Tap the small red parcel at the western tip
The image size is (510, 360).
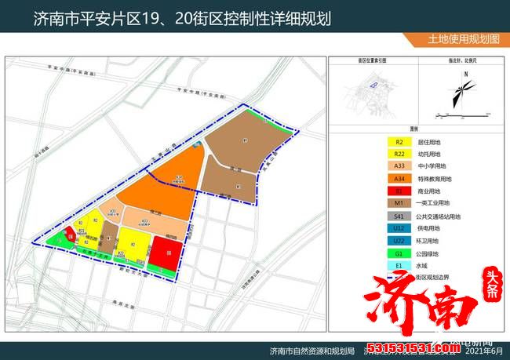click(x=71, y=233)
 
